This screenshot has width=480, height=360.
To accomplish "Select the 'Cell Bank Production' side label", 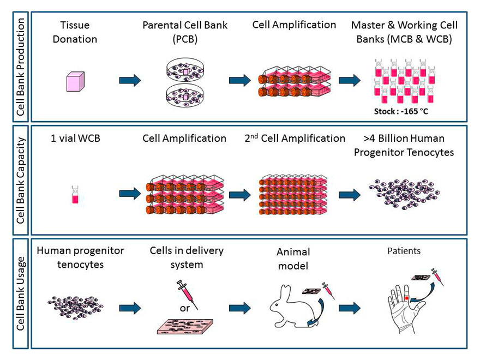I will (x=21, y=67).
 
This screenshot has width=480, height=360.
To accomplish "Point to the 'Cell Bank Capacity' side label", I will (x=21, y=181).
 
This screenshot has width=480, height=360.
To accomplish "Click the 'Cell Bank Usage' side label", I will (x=21, y=293).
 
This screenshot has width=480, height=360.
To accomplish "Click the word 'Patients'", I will (x=405, y=252).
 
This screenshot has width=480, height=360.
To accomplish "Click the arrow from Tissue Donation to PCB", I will (x=130, y=81).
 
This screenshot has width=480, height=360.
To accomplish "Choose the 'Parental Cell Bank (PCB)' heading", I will (x=185, y=32).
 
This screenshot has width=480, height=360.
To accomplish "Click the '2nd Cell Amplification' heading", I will (x=295, y=138).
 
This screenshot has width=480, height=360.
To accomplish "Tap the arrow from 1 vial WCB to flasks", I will (x=130, y=194).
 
